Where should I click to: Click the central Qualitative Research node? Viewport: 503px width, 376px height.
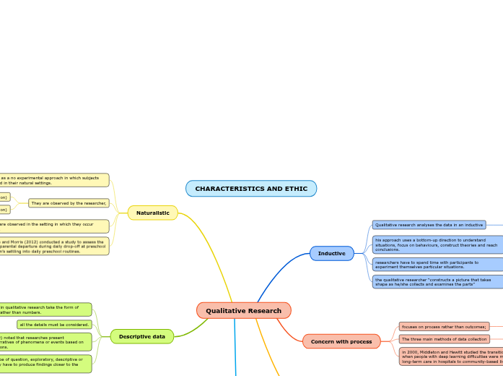(243, 310)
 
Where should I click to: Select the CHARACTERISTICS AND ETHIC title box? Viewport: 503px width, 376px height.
(251, 189)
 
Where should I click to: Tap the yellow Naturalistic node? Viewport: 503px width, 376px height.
(153, 213)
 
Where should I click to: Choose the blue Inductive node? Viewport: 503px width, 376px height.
(331, 253)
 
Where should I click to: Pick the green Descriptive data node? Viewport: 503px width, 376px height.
(141, 336)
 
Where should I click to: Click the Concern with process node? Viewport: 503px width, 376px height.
(341, 341)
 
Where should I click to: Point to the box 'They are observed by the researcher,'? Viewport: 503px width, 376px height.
(69, 203)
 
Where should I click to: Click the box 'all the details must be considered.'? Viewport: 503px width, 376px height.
(54, 325)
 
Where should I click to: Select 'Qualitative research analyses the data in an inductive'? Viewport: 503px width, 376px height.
(429, 225)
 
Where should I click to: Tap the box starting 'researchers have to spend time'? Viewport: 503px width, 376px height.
(437, 264)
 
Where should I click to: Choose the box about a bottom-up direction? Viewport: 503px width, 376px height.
(437, 244)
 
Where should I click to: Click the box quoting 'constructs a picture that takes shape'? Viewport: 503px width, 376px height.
(437, 281)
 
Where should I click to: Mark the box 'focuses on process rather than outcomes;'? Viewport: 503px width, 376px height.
(444, 327)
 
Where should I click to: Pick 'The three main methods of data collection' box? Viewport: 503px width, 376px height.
(444, 339)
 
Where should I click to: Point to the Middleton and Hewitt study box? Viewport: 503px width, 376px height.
(450, 356)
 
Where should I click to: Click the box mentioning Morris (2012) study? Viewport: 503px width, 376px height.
(54, 246)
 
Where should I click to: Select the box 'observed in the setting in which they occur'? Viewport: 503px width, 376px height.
(54, 226)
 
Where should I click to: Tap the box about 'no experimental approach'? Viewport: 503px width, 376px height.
(54, 180)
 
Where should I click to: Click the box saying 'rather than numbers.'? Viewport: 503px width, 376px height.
(45, 309)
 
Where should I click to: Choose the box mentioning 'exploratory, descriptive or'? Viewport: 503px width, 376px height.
(45, 364)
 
